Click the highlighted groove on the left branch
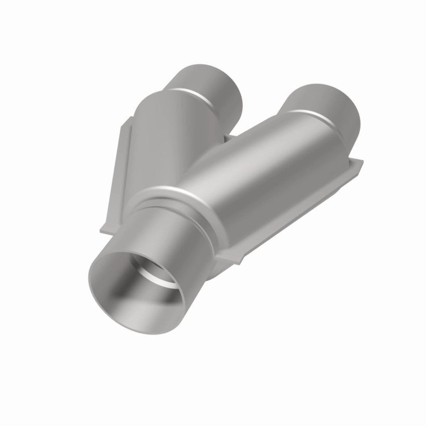(x=198, y=96)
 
